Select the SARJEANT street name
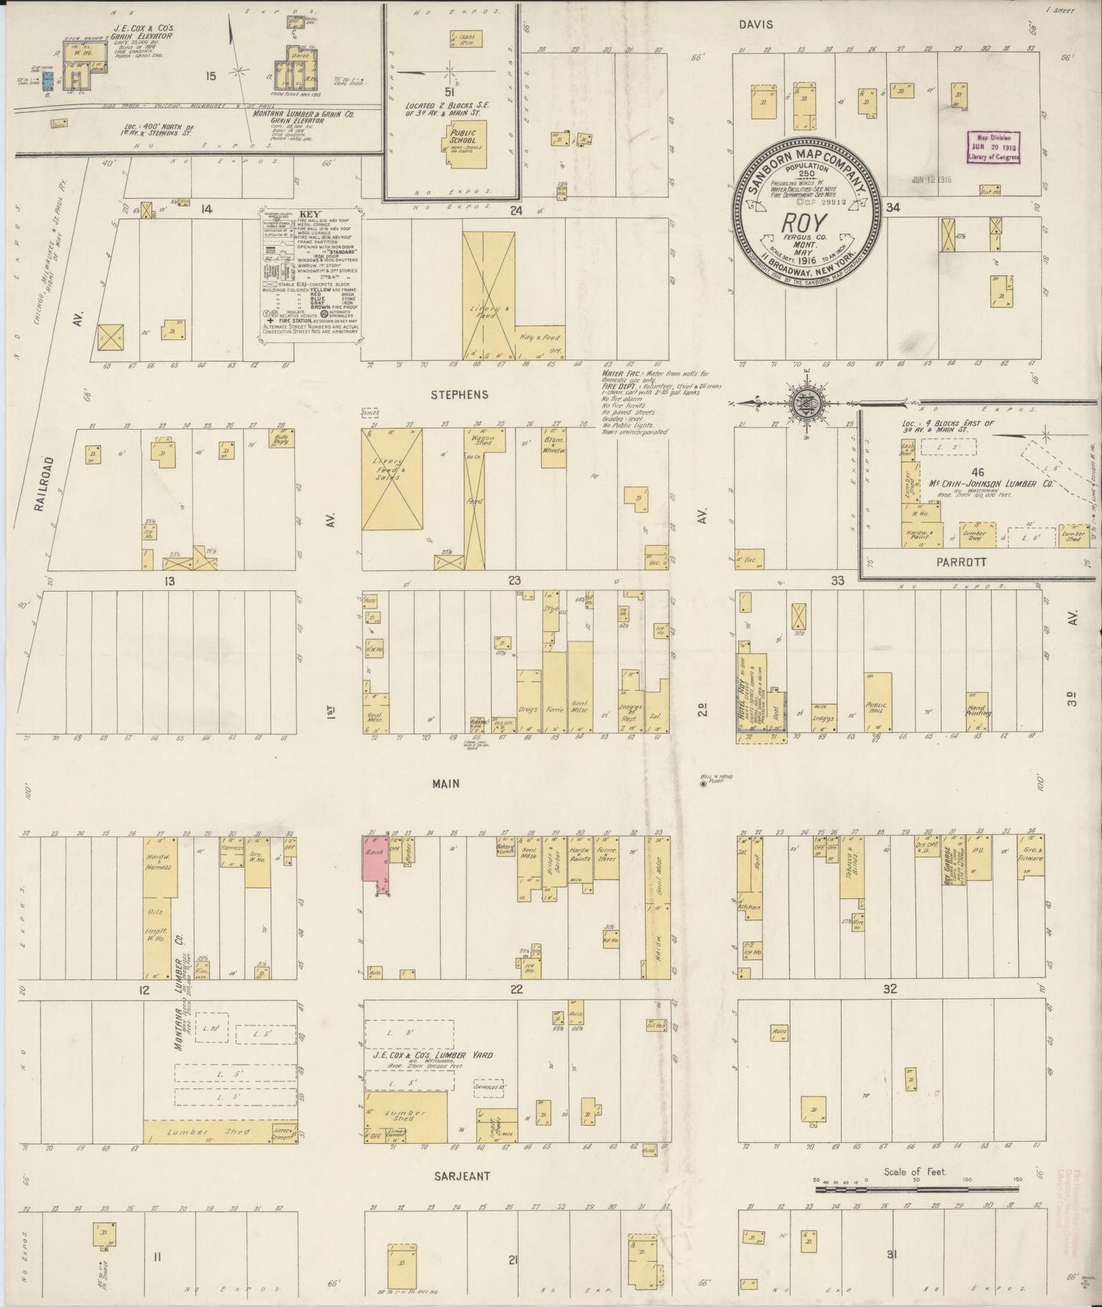462,1176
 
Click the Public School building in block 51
463,142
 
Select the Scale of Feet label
914,1171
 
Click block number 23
514,581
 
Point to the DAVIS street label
756,24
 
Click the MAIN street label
445,783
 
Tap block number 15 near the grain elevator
211,75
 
